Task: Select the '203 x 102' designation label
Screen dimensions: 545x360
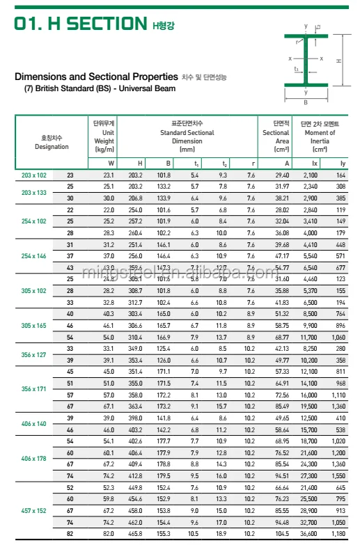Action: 33,175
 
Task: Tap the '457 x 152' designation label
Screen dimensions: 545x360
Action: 33,510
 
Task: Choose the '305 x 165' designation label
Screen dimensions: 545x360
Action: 33,326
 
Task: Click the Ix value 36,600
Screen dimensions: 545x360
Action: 313,533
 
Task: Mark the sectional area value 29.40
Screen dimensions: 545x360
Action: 282,175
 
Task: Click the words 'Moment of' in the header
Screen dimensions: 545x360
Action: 320,132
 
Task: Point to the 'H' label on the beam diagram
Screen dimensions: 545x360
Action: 339,61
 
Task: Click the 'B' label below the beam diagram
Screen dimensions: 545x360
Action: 305,102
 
